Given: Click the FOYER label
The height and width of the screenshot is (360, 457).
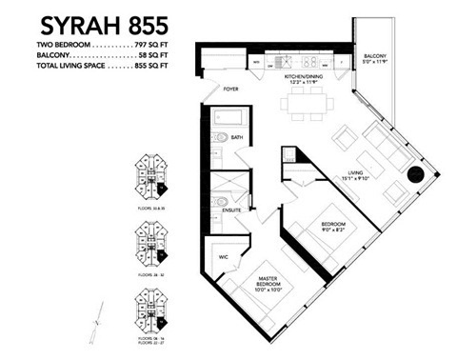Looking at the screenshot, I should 229,90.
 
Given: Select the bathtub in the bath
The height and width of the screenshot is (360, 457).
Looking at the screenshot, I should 228,120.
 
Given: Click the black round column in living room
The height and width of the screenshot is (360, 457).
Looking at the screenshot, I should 417,175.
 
